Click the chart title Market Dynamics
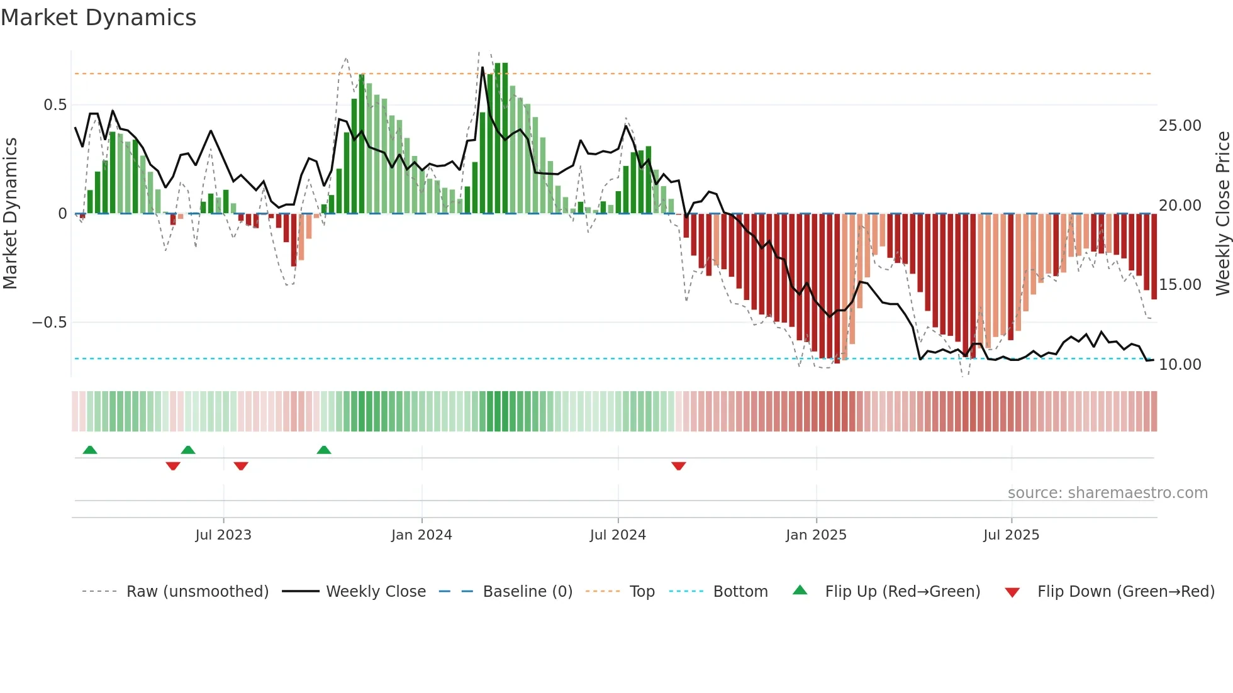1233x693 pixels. point(98,18)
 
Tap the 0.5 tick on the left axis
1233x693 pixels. point(55,105)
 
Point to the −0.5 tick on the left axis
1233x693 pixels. point(49,323)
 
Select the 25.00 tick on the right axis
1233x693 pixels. point(1180,126)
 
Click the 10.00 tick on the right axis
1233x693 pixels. point(1180,365)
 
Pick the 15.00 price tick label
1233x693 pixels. point(1180,285)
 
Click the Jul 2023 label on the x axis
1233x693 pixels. point(223,535)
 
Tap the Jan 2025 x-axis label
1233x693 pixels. point(816,535)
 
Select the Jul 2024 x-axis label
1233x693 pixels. point(617,535)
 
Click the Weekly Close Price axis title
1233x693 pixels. point(1222,213)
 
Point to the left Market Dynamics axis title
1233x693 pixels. point(10,213)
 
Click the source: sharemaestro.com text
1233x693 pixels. point(1107,493)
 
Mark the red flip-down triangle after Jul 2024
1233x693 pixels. point(678,466)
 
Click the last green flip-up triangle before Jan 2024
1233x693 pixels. point(323,450)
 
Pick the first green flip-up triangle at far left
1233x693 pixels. point(90,450)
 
